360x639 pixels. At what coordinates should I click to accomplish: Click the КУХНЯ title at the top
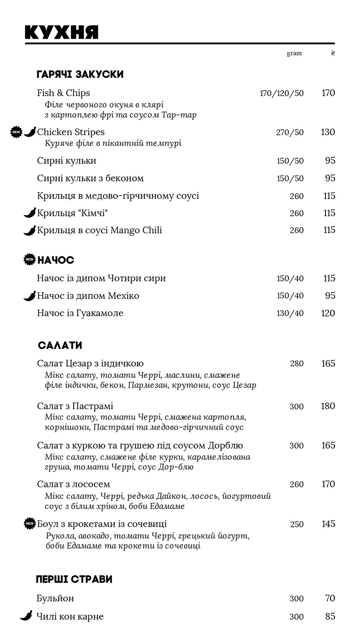pyautogui.click(x=62, y=32)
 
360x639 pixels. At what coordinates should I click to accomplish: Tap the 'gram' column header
pyautogui.click(x=294, y=53)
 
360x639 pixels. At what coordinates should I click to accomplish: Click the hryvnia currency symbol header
pyautogui.click(x=333, y=53)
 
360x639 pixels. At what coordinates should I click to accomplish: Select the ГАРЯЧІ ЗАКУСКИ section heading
pyautogui.click(x=80, y=75)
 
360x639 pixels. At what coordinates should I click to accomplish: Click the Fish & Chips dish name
pyautogui.click(x=63, y=93)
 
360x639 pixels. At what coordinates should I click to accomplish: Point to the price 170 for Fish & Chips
pyautogui.click(x=328, y=93)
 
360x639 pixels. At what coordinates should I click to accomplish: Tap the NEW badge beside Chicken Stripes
pyautogui.click(x=16, y=132)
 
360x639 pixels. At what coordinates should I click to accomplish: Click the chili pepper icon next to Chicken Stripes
pyautogui.click(x=30, y=132)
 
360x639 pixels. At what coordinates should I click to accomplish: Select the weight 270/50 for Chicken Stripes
pyautogui.click(x=290, y=132)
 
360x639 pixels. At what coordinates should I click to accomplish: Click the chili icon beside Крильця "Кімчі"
pyautogui.click(x=30, y=213)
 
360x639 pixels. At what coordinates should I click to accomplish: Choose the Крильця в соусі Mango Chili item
pyautogui.click(x=99, y=230)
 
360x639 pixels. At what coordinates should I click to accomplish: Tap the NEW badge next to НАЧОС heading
pyautogui.click(x=30, y=260)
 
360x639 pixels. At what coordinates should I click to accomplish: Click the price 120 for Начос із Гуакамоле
pyautogui.click(x=328, y=313)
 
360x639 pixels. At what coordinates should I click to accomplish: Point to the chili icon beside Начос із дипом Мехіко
pyautogui.click(x=30, y=296)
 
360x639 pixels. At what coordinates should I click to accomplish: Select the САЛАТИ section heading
pyautogui.click(x=60, y=345)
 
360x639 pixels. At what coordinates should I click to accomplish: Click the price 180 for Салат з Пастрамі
pyautogui.click(x=328, y=406)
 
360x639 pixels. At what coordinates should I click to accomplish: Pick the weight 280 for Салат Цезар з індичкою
pyautogui.click(x=297, y=363)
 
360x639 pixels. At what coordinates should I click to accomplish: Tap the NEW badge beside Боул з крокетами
pyautogui.click(x=30, y=524)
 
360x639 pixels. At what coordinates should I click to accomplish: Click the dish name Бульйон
pyautogui.click(x=55, y=598)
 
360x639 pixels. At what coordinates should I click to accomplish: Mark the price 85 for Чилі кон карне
pyautogui.click(x=330, y=616)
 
